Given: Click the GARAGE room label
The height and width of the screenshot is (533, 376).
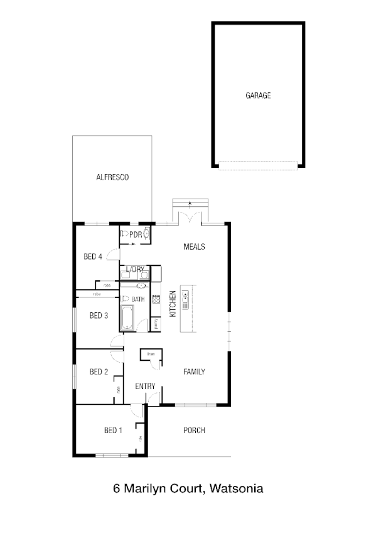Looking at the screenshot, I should (258, 96).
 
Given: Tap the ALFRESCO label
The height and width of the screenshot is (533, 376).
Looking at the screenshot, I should (112, 178).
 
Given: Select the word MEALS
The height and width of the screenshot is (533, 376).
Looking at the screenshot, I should (194, 246).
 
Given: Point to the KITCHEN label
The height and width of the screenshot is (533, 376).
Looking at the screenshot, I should (172, 303).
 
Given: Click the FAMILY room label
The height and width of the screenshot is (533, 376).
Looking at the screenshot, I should (194, 371).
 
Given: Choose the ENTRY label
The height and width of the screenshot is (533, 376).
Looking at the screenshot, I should (146, 386).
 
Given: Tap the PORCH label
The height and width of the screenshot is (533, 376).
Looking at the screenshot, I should (194, 431).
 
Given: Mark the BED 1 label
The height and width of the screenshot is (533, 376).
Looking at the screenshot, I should (113, 431).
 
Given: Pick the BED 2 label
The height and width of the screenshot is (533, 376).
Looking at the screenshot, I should (99, 371).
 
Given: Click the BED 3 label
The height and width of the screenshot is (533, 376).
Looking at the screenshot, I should (99, 316).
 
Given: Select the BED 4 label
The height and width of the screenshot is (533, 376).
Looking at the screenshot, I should (93, 256).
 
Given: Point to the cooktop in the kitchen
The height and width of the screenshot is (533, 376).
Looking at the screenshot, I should (156, 301).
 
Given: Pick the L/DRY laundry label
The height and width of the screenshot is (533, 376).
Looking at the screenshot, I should (135, 270).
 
